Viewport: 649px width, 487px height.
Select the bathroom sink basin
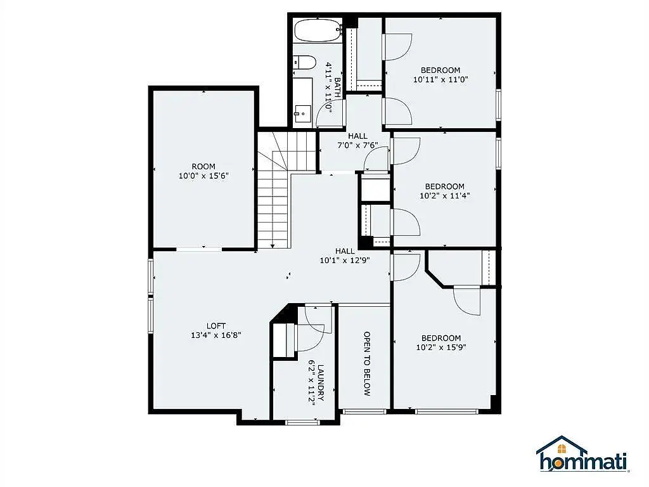pyautogui.click(x=303, y=113)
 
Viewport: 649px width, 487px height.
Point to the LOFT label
pyautogui.click(x=216, y=326)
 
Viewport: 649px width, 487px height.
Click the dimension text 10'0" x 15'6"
pyautogui.click(x=203, y=176)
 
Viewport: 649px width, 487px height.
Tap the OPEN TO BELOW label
pyautogui.click(x=367, y=363)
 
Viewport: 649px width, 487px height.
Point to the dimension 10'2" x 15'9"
pyautogui.click(x=441, y=347)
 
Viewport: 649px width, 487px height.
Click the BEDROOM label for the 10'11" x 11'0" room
pyautogui.click(x=440, y=70)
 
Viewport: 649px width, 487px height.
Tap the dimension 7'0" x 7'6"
pyautogui.click(x=357, y=145)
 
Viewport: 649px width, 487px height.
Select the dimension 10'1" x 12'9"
pyautogui.click(x=345, y=261)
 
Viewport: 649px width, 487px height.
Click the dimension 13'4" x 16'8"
pyautogui.click(x=216, y=335)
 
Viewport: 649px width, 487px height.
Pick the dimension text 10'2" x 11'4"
pyautogui.click(x=445, y=196)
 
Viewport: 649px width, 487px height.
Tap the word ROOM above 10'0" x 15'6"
pyautogui.click(x=203, y=167)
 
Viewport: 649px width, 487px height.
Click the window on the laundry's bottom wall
pyautogui.click(x=303, y=422)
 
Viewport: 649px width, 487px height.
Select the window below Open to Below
pyautogui.click(x=364, y=412)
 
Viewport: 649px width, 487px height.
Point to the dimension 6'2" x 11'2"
pyautogui.click(x=312, y=382)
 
